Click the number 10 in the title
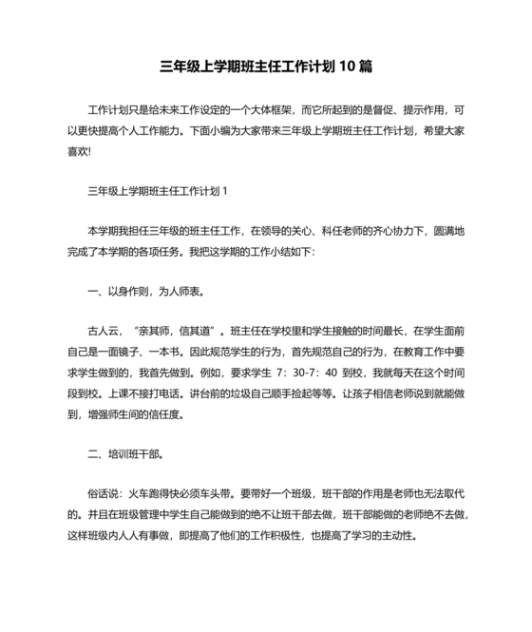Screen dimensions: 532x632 point(349,67)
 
